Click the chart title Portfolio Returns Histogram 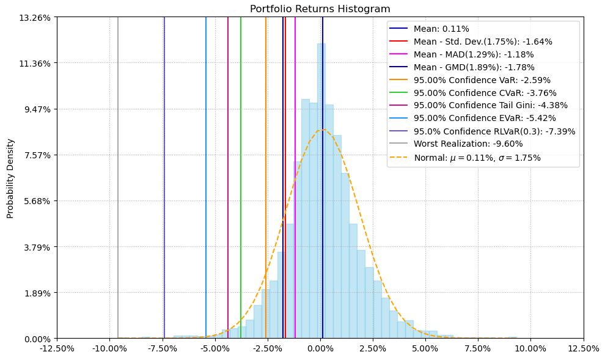(x=320, y=9)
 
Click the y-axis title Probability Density (x=10, y=178)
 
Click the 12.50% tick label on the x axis (x=583, y=349)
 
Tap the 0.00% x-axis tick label (x=320, y=349)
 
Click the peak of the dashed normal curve (x=322, y=130)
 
